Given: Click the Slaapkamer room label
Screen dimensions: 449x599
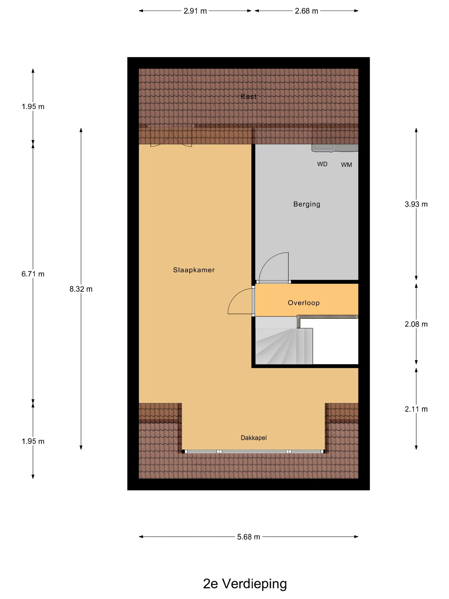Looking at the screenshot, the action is pos(194,270).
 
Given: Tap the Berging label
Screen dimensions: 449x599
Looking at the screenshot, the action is pos(307,204).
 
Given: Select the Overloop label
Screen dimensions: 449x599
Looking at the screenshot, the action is pos(304,303).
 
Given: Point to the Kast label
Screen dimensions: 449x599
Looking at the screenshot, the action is pos(248,96).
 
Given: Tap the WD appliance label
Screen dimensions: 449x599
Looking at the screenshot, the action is pos(322,164).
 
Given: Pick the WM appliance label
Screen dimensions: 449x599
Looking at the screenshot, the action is pos(346,165).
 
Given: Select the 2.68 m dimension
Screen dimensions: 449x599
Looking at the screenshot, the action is pos(306,11).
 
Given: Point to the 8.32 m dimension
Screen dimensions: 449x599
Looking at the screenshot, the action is pos(81,289).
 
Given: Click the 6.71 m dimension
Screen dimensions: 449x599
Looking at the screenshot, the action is pos(33,274).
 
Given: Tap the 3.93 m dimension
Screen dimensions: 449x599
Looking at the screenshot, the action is pos(416,204).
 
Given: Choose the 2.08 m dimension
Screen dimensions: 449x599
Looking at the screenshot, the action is pos(416,324).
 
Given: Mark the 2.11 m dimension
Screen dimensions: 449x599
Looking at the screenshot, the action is pos(416,409).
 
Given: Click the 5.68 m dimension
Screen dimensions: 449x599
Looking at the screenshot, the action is pos(248,537).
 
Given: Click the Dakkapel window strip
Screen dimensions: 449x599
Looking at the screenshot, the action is pos(253,451).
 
